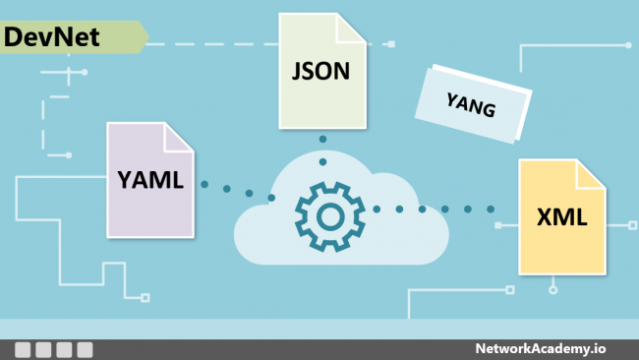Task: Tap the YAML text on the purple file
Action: [150, 179]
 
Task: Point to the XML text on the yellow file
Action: [562, 217]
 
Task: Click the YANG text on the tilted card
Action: [471, 101]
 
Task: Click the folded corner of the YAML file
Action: [178, 137]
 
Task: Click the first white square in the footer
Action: [23, 349]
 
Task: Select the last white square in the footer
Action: [85, 349]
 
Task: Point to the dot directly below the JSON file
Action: [322, 139]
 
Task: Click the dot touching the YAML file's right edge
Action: [204, 184]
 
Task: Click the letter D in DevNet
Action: [14, 37]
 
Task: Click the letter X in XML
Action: [545, 217]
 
